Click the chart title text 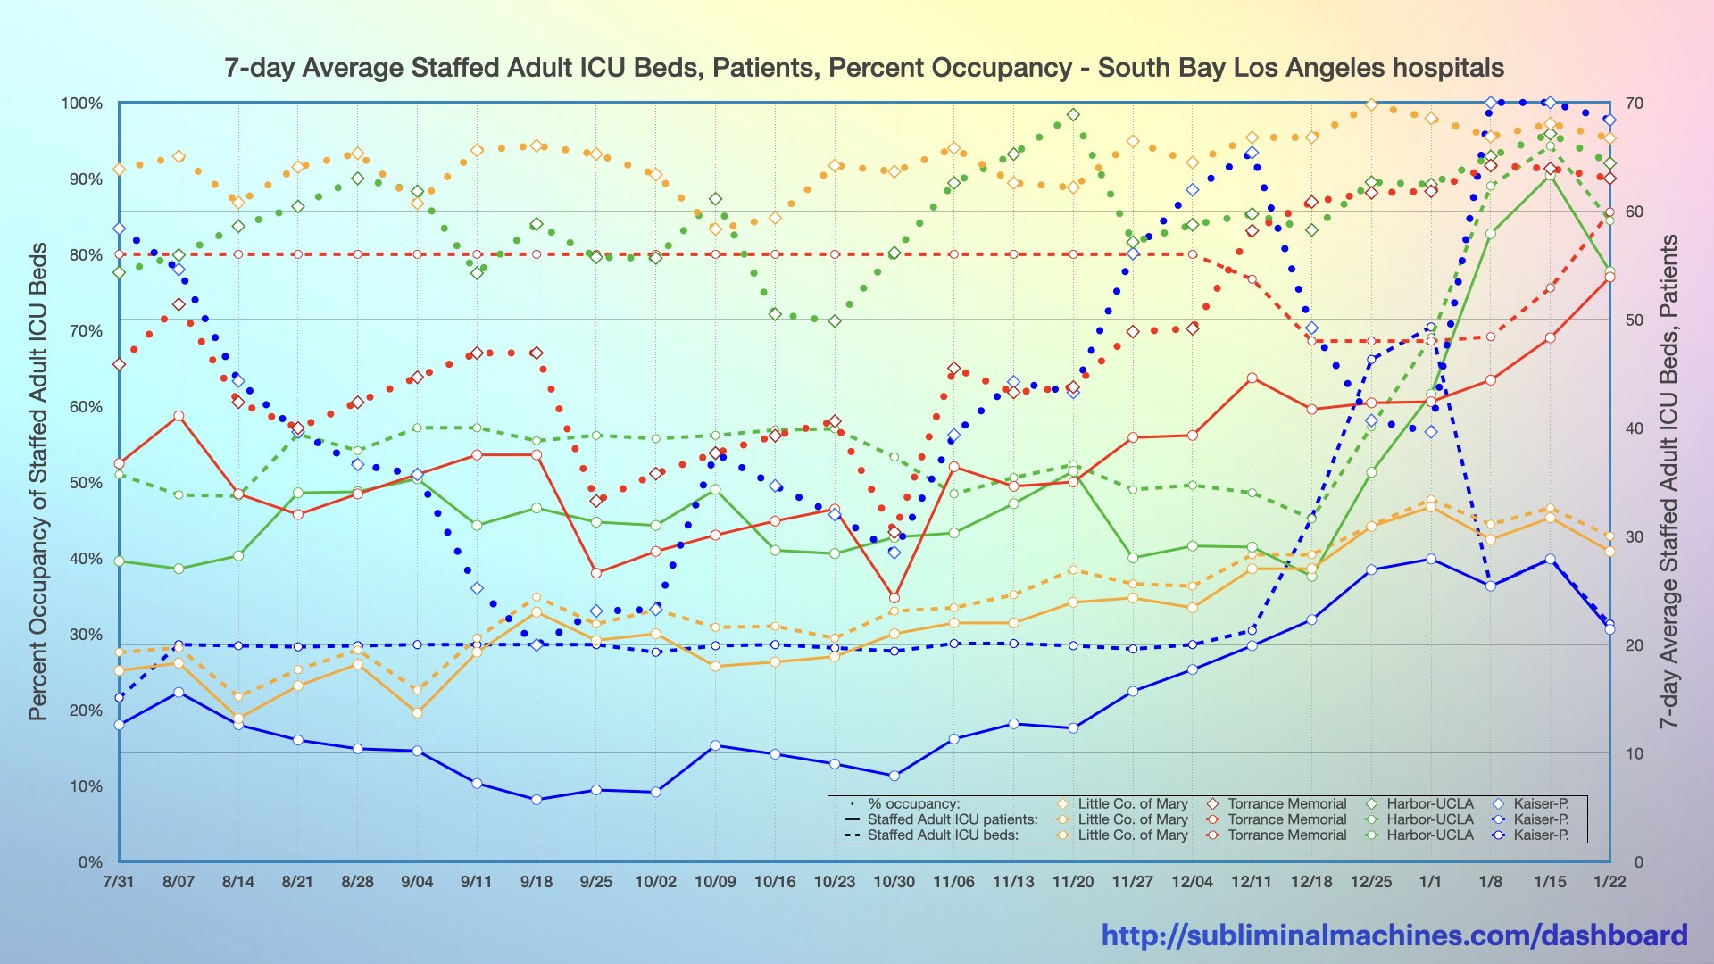(864, 68)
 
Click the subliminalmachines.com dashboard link (1394, 935)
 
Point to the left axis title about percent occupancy (37, 481)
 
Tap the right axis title (1668, 481)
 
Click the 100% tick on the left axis (82, 104)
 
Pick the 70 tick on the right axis (1634, 104)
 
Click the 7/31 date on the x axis (119, 882)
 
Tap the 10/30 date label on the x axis (894, 882)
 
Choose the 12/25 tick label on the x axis (1371, 882)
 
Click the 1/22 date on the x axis (1610, 882)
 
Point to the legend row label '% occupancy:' (913, 804)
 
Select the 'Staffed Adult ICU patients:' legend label (953, 819)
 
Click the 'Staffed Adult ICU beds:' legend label (943, 835)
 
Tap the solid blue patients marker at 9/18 (537, 800)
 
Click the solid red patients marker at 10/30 (894, 598)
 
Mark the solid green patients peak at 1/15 (1550, 176)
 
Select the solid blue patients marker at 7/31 (119, 725)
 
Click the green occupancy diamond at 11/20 (1073, 115)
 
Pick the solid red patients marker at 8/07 (179, 416)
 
